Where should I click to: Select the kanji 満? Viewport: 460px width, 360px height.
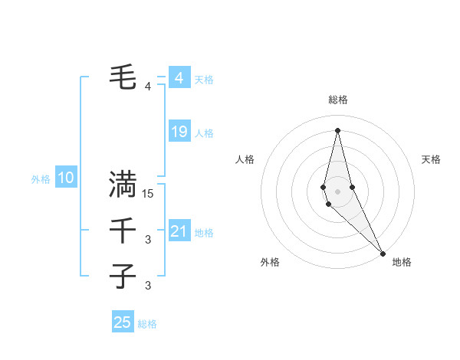(x=123, y=184)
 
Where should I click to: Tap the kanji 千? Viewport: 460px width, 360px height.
(x=123, y=230)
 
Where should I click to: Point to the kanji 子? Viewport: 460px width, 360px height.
(x=123, y=276)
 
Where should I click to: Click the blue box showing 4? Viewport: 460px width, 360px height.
(x=179, y=78)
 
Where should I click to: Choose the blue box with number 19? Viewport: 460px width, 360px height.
(x=179, y=133)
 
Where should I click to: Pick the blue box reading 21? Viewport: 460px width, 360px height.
(x=179, y=231)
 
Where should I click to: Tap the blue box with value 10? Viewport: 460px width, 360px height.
(x=66, y=178)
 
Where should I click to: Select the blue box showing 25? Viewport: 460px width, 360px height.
(x=123, y=322)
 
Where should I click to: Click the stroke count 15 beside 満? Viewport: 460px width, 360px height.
(x=149, y=195)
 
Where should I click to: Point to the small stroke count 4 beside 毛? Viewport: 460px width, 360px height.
(x=148, y=87)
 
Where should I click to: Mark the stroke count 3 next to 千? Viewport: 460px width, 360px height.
(x=148, y=241)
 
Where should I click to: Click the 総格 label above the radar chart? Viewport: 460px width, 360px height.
(x=338, y=100)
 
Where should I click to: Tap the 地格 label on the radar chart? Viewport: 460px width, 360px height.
(x=402, y=263)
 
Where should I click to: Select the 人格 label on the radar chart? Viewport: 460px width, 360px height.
(x=245, y=159)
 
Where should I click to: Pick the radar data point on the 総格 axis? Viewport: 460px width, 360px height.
(x=337, y=130)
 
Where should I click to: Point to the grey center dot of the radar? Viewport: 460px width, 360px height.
(x=337, y=191)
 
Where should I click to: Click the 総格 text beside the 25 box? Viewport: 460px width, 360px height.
(x=147, y=324)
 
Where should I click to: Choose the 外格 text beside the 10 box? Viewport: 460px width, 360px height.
(x=41, y=179)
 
